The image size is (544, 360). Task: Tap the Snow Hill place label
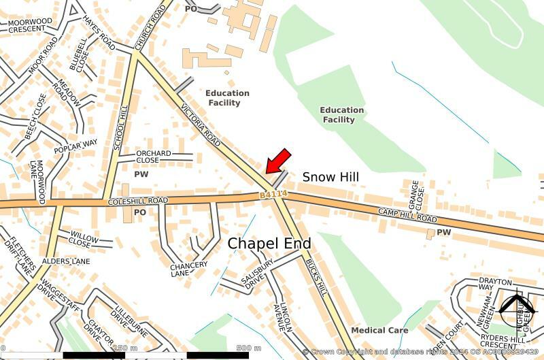[330, 177]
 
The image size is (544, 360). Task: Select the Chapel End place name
[269, 243]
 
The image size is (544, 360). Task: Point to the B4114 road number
[274, 195]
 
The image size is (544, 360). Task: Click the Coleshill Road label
[137, 201]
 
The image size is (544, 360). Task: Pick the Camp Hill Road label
[408, 217]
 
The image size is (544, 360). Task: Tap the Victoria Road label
[201, 125]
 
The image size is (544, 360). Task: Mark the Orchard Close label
[153, 157]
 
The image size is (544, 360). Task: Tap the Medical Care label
[379, 330]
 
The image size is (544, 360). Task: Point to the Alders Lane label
[65, 261]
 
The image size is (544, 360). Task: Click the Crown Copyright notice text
[422, 352]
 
